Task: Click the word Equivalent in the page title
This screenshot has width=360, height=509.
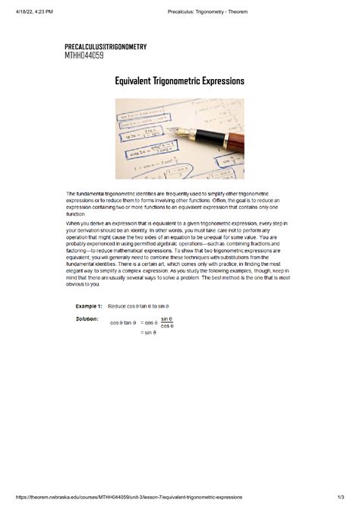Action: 134,81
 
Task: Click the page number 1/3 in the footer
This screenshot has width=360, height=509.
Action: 339,497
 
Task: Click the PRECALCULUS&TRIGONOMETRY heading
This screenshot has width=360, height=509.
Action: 106,47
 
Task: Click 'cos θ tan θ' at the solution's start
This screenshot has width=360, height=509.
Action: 122,322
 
